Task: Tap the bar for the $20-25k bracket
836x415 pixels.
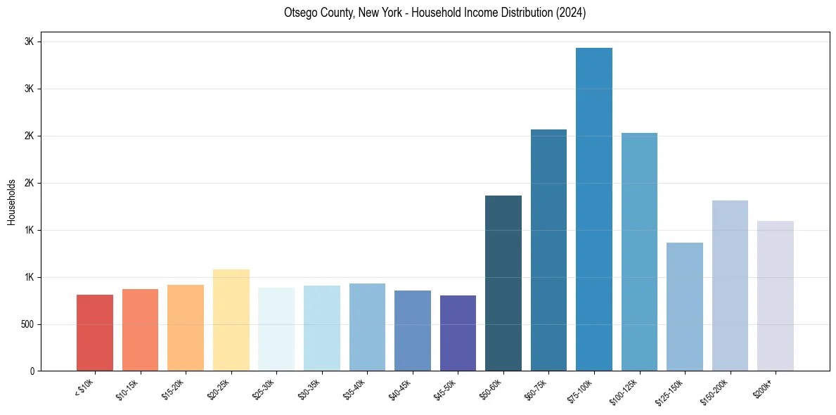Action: (231, 320)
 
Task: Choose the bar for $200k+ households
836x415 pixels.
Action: (775, 295)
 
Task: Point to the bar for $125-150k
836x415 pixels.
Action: (684, 307)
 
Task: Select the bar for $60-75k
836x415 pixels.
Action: (548, 250)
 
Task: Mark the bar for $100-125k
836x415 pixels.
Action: (639, 252)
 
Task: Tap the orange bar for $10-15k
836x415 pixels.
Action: (140, 330)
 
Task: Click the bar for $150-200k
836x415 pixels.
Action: (730, 286)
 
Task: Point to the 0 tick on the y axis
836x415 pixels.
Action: (32, 371)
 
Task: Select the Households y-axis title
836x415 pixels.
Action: (11, 202)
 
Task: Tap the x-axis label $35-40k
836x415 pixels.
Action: (355, 389)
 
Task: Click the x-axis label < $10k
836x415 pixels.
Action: (84, 388)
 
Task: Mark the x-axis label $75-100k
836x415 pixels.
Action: (580, 390)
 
